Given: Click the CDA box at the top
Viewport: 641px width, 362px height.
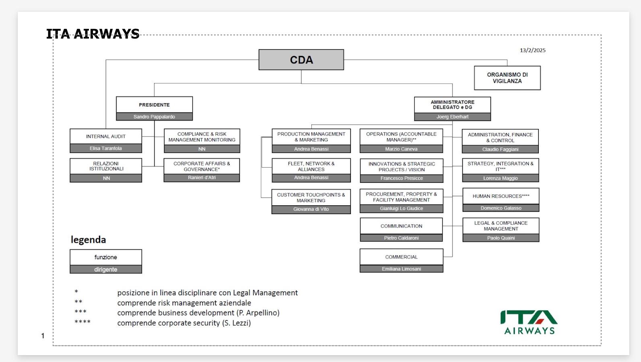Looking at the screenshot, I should (301, 60).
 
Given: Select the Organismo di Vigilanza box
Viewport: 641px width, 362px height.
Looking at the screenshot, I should (507, 78).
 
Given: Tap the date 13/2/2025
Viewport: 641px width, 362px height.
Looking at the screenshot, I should (532, 50).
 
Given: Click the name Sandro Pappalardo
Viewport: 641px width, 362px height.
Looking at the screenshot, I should (154, 117).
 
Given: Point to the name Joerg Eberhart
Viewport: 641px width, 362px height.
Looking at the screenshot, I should (452, 117).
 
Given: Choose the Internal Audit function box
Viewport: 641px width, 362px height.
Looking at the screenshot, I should (106, 137).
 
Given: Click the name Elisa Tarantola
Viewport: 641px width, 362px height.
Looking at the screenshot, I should (106, 149).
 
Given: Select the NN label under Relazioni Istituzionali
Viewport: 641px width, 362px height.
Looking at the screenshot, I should (106, 178).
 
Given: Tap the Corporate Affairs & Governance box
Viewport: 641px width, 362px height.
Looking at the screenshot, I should (202, 166).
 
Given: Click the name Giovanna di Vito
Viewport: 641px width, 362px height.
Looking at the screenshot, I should (311, 209).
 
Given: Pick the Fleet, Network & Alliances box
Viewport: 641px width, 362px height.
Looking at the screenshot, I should (311, 166).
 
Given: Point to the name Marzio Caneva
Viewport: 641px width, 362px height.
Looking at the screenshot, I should (401, 149).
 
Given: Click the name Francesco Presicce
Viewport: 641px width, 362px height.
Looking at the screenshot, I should (402, 178).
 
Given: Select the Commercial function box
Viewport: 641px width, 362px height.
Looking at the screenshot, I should (401, 257).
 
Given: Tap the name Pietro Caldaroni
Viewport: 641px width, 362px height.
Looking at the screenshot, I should (401, 238).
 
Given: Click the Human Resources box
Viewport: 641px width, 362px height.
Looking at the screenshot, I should (501, 196).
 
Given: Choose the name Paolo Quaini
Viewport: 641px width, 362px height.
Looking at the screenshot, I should (501, 238).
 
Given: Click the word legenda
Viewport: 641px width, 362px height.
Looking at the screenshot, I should (89, 240).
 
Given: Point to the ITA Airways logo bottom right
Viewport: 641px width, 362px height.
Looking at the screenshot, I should (529, 322).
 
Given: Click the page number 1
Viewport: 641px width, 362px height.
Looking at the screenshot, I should (43, 336).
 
